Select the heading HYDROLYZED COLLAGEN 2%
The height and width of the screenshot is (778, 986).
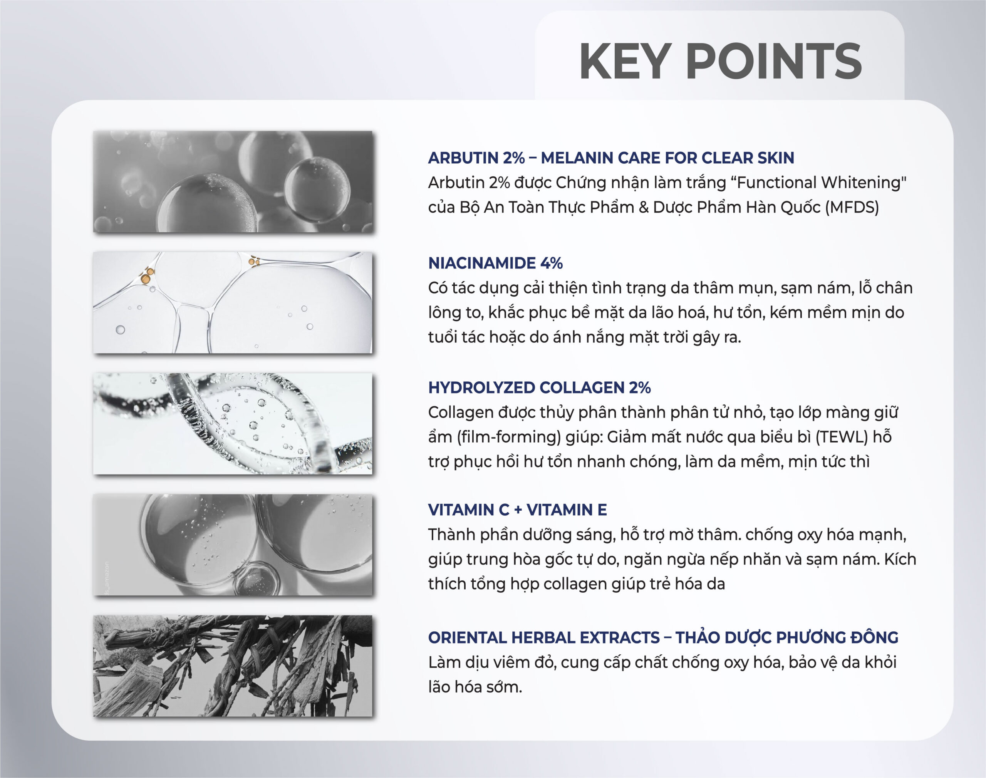(x=540, y=387)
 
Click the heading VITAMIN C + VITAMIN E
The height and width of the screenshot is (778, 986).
(x=517, y=510)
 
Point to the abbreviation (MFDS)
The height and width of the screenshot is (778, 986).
(x=852, y=207)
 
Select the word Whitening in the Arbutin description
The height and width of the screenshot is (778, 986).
(x=863, y=182)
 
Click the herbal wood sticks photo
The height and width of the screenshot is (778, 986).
(x=233, y=666)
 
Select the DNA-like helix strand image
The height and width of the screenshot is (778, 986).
(x=233, y=424)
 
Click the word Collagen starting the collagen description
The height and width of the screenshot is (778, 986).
(x=460, y=412)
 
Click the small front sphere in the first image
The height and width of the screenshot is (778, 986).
(x=317, y=190)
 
